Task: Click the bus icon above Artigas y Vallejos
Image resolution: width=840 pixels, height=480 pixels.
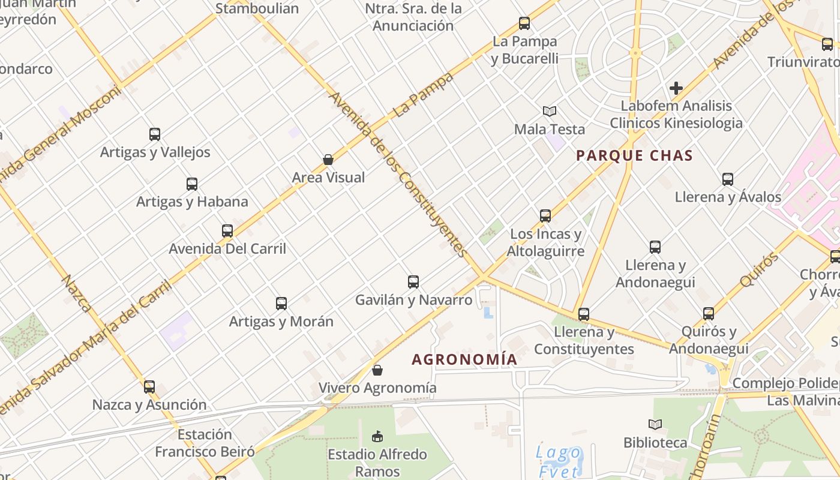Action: pos(155,134)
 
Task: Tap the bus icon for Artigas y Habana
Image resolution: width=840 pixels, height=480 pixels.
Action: pos(192,184)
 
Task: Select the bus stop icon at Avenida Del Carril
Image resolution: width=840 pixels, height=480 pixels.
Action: pos(227,231)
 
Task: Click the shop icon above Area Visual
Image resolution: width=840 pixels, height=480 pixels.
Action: pos(328,160)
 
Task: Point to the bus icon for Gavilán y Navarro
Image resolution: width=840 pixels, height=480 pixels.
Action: pos(413,282)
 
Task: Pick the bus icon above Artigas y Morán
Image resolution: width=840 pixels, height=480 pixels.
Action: pos(281,304)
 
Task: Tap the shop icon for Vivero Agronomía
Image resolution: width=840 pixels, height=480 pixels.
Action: pos(377,370)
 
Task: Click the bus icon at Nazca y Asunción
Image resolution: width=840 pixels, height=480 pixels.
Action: pos(149,387)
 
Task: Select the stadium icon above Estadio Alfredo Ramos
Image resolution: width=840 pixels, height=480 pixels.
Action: pos(377,436)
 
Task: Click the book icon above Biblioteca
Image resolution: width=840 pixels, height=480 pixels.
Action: pos(655,425)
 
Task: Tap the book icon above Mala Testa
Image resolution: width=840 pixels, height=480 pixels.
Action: pos(550,111)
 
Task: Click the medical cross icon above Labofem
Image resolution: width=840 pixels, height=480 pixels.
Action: pos(676,88)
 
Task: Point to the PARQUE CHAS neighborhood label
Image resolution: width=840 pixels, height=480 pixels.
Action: pos(634,156)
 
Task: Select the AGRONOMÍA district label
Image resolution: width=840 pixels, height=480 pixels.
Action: pos(464,359)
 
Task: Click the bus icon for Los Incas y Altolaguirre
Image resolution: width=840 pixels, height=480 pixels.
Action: pos(545,216)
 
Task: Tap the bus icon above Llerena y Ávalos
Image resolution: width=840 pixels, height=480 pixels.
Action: pos(728,179)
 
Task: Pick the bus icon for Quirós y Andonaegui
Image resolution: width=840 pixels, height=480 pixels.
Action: pos(709,314)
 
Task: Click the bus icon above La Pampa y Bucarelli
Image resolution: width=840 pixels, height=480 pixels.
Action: pos(524,24)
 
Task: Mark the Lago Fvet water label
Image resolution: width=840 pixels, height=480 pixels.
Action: pos(559,461)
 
